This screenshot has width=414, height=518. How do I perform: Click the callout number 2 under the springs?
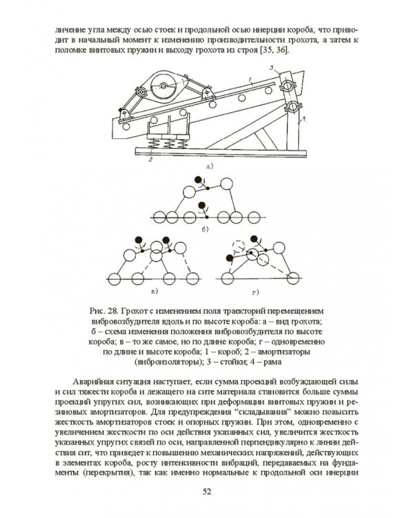click(x=150, y=160)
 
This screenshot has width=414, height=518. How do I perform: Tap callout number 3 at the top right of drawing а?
click(x=271, y=68)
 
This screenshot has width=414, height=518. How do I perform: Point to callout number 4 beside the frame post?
click(x=304, y=122)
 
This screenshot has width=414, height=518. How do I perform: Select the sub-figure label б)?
click(x=206, y=229)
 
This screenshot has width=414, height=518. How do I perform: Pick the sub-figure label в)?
click(x=154, y=291)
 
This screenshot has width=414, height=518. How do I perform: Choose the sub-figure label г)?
click(x=255, y=292)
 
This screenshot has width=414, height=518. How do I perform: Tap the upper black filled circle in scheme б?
click(x=198, y=180)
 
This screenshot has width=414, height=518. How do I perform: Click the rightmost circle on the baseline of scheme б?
click(x=253, y=218)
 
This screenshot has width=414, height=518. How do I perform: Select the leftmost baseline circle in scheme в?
click(x=115, y=279)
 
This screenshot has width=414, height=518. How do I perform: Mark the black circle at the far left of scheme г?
click(x=230, y=258)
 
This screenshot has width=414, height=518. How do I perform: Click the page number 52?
click(x=207, y=492)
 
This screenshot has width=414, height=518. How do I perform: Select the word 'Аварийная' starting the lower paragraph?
click(x=90, y=382)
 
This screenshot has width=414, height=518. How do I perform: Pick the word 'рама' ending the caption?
click(x=273, y=362)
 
